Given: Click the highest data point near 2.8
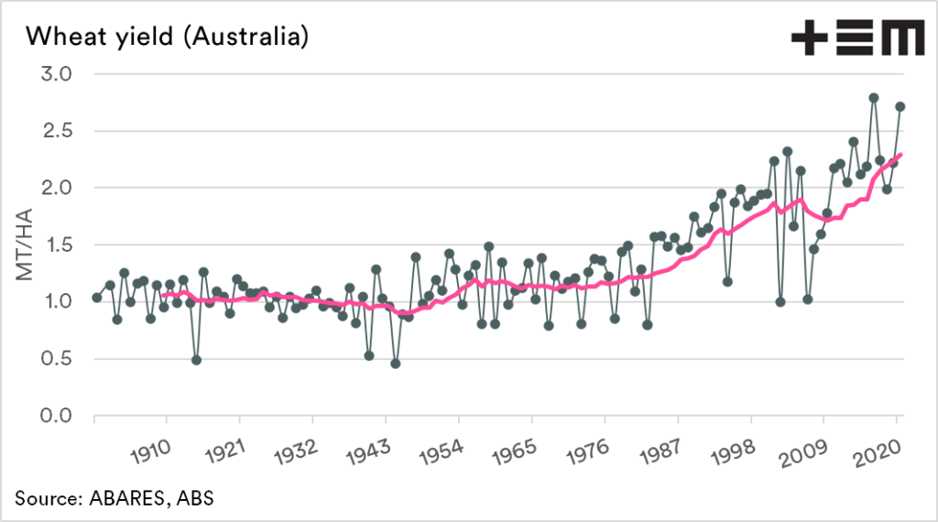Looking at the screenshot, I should pyautogui.click(x=874, y=98).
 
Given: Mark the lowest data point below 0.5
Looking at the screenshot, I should pyautogui.click(x=396, y=364).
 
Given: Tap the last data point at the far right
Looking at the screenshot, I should pyautogui.click(x=900, y=106).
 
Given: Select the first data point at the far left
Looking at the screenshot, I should pyautogui.click(x=97, y=298).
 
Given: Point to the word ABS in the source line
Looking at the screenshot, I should pyautogui.click(x=197, y=498).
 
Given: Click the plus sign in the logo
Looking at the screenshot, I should pyautogui.click(x=811, y=38).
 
